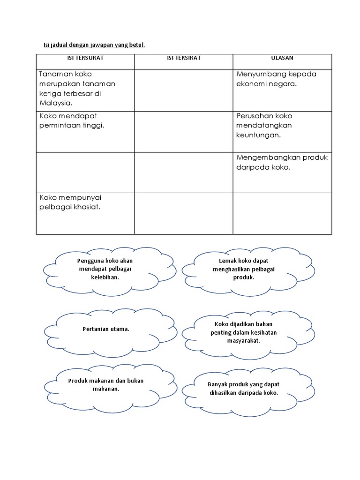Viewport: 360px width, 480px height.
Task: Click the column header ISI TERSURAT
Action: tap(85, 58)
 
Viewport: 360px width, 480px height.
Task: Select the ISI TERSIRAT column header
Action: tap(184, 58)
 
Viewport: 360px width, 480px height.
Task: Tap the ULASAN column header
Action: tap(282, 58)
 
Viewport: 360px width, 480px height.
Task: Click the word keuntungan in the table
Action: tap(258, 135)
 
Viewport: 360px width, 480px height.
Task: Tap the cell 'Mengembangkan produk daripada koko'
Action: tap(282, 162)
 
